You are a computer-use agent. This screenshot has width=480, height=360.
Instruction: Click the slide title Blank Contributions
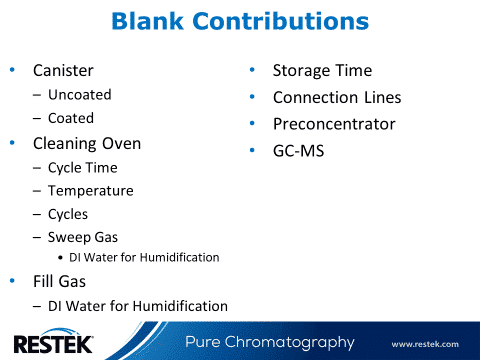239,21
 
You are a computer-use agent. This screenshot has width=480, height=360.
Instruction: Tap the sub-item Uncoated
79,95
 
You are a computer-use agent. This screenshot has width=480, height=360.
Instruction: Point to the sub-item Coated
70,118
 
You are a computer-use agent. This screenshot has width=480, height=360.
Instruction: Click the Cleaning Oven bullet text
87,143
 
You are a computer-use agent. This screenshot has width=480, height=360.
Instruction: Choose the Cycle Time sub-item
82,167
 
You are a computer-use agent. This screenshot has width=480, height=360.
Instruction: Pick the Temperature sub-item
90,190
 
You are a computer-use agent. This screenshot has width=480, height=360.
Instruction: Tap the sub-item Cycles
68,214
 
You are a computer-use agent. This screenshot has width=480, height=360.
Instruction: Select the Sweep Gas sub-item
79,237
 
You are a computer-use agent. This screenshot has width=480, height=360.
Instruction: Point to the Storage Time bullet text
322,71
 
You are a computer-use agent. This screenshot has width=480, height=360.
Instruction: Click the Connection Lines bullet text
337,98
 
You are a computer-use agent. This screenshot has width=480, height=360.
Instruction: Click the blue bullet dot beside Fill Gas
12,281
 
